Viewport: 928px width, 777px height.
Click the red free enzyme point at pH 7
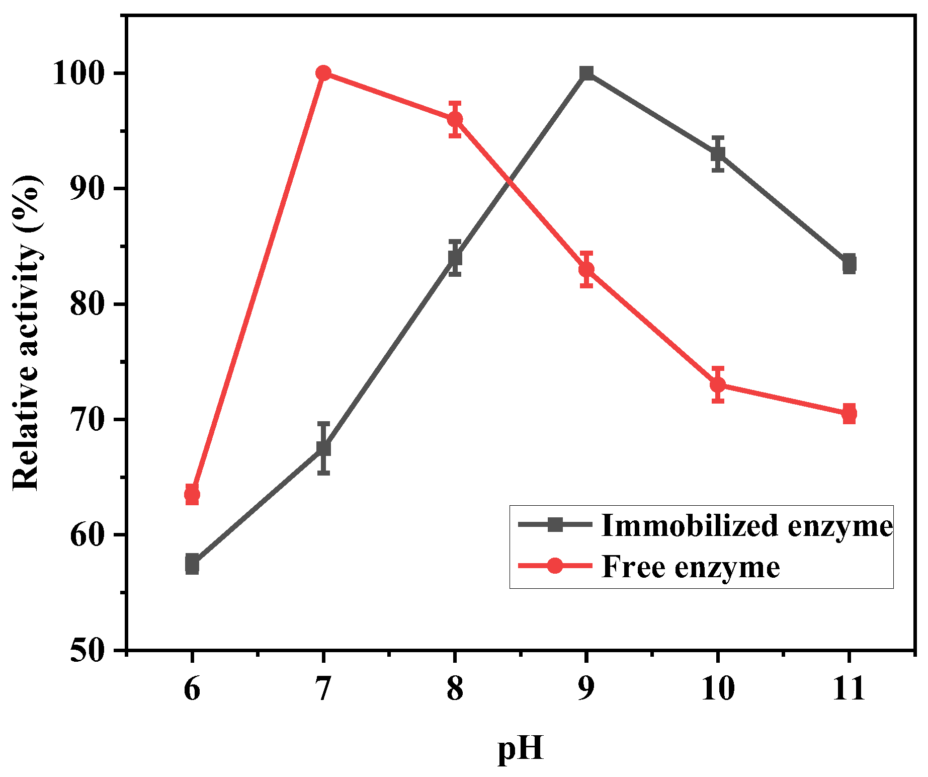323,73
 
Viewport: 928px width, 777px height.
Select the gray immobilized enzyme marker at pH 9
586,73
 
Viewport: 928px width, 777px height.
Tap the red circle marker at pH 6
192,495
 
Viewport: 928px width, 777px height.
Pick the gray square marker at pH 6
192,564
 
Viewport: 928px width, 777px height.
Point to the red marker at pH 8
455,119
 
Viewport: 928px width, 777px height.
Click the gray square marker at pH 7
323,448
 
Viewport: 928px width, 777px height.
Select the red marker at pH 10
718,385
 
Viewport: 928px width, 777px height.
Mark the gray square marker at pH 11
849,264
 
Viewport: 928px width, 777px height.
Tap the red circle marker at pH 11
849,414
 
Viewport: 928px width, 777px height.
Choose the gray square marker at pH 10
718,153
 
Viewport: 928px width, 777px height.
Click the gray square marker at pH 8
455,258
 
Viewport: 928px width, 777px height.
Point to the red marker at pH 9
586,269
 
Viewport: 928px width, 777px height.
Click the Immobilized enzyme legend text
746,525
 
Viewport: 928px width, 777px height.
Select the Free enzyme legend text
690,567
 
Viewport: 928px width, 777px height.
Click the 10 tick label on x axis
717,688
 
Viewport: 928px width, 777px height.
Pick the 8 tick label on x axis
455,688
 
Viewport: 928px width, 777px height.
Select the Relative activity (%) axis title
26,332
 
